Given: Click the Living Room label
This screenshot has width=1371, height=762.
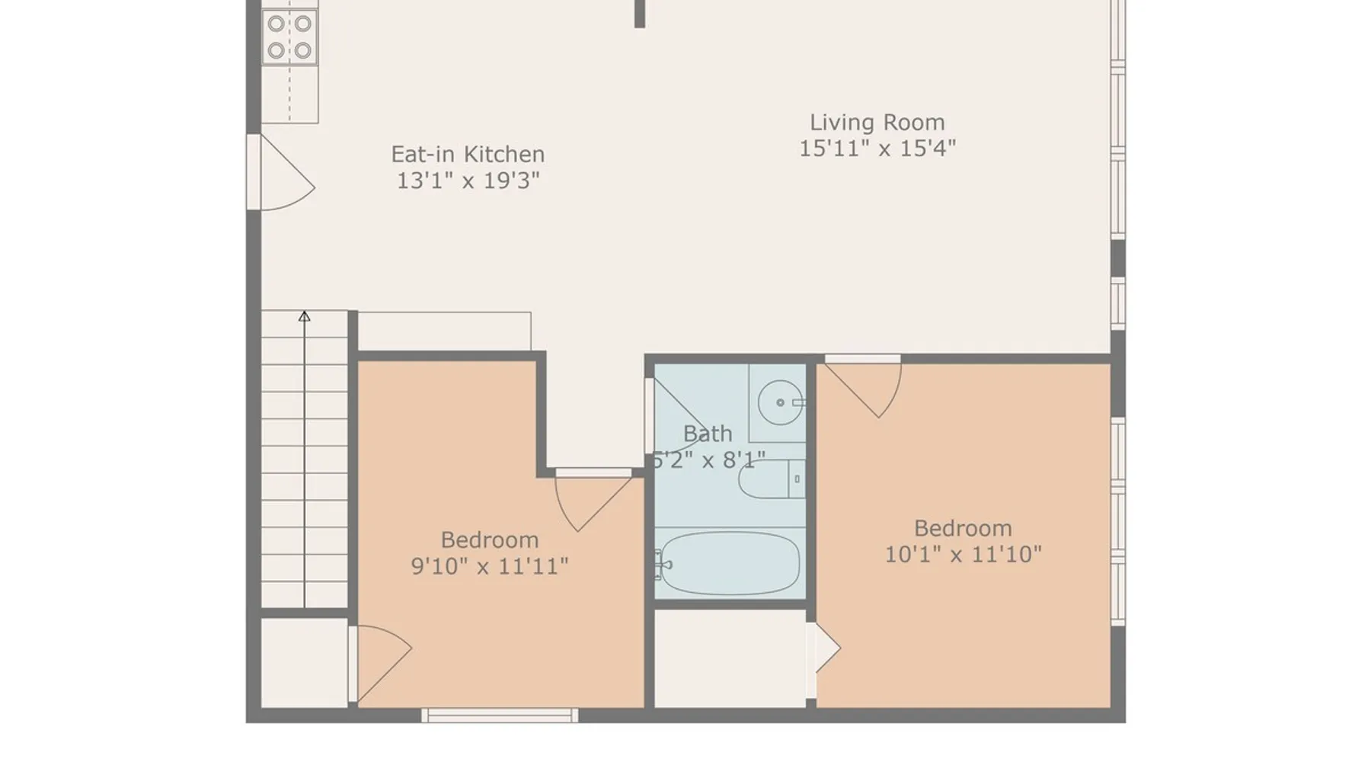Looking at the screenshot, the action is pos(877,122).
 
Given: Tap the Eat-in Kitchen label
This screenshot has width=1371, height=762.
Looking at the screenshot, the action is pos(468,154).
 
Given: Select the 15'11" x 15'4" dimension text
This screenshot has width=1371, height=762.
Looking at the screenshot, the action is pos(877,148).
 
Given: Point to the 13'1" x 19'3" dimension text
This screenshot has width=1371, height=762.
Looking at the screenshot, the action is pos(468,181).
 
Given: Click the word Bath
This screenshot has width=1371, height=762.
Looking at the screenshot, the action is pos(708,434).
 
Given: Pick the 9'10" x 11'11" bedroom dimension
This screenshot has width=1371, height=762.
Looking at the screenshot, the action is pos(490,566).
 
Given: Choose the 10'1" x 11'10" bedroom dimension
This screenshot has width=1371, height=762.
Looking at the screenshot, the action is pos(963,554).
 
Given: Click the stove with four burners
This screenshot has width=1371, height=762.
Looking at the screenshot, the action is pos(289,37).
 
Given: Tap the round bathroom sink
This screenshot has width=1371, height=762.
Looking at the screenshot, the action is pos(781,402).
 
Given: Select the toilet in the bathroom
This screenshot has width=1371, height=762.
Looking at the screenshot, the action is pos(772,479).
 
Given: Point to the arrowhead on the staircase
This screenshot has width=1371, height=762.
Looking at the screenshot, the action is pos(304,315).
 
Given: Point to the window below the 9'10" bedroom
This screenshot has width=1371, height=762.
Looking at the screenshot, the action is pos(500,716).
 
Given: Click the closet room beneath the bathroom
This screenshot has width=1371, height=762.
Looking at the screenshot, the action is pos(730,659).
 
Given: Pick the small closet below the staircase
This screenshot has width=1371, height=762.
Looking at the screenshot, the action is pos(305,662).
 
